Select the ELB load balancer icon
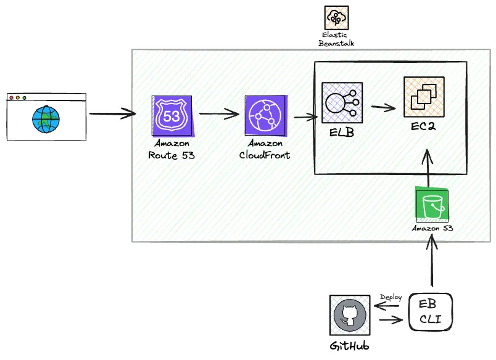coord(342,103)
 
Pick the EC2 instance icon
coord(423,97)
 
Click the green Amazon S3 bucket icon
coord(432,205)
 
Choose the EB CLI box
coord(430,312)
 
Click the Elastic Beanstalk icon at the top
coord(336,18)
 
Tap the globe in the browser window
coord(46,118)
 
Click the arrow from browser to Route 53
coord(112,113)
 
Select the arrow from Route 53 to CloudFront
coord(219,113)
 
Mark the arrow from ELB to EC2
coord(383,107)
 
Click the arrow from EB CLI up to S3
coord(432,262)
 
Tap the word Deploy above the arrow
coord(391,297)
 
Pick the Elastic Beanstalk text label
coord(336,39)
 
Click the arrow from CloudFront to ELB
coord(305,117)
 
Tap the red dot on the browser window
coord(11,97)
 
